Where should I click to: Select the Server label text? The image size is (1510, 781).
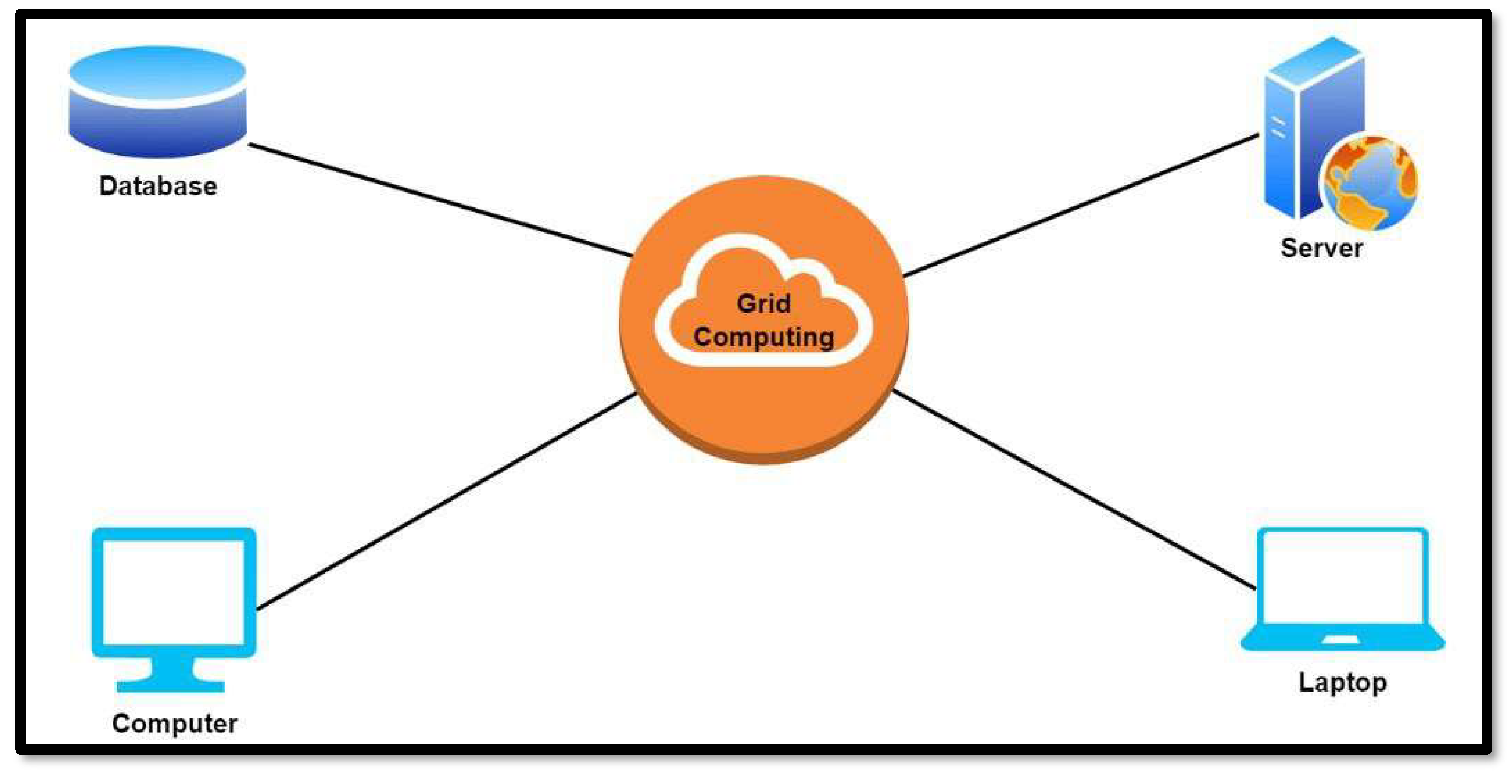point(1321,248)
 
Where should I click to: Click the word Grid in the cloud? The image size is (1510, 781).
point(763,303)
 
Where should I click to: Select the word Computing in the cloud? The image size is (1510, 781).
point(763,337)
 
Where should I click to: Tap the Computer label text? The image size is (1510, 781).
point(175,723)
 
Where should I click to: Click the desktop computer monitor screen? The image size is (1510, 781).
point(174,592)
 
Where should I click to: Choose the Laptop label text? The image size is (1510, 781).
point(1342,682)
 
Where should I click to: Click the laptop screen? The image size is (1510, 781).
point(1342,578)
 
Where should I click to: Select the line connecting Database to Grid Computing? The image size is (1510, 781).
point(440,200)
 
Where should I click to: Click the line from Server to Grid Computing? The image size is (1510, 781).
point(1082,205)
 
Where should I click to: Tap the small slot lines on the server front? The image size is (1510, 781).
point(1278,128)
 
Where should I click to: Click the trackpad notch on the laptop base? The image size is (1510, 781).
point(1341,639)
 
